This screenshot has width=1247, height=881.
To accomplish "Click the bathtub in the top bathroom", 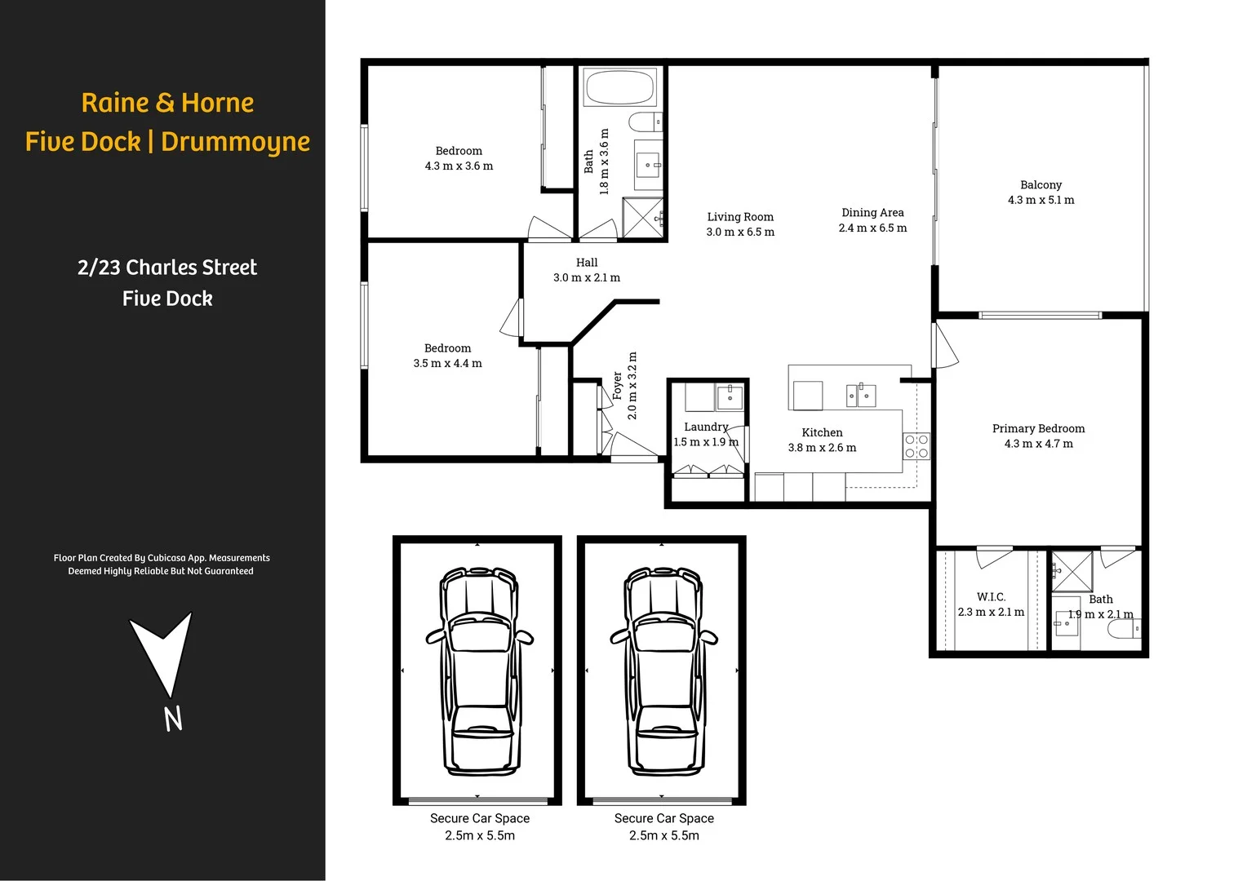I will pyautogui.click(x=620, y=87).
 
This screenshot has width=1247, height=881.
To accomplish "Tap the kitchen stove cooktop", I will pyautogui.click(x=916, y=446).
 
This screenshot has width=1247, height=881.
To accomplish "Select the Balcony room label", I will pyautogui.click(x=1041, y=185).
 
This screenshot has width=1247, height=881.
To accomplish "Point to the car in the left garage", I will pyautogui.click(x=479, y=671).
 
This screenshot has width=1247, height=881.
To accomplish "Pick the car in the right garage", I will pyautogui.click(x=663, y=671).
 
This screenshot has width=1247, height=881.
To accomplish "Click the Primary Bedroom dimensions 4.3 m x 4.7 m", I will pyautogui.click(x=1038, y=444).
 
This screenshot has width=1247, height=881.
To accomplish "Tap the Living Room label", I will pyautogui.click(x=740, y=217).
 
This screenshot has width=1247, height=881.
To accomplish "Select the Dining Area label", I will pyautogui.click(x=872, y=213).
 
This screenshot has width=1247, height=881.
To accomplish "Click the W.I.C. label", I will pyautogui.click(x=991, y=597).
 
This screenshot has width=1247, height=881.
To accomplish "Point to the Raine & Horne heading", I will pyautogui.click(x=167, y=103).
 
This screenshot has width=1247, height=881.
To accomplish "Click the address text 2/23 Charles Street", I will pyautogui.click(x=167, y=268).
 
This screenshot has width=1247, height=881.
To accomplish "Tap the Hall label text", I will pyautogui.click(x=587, y=263).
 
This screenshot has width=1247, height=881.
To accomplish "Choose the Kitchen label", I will pyautogui.click(x=822, y=432).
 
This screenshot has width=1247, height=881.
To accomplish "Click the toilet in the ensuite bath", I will pyautogui.click(x=1125, y=629).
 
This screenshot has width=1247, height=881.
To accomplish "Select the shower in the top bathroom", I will pyautogui.click(x=643, y=218).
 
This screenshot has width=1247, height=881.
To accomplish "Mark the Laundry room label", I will pyautogui.click(x=706, y=427).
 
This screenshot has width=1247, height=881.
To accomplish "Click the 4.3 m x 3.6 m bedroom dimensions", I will pyautogui.click(x=459, y=166).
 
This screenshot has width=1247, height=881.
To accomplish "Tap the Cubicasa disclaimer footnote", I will pyautogui.click(x=162, y=564).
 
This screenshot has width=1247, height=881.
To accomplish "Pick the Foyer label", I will pyautogui.click(x=617, y=386).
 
